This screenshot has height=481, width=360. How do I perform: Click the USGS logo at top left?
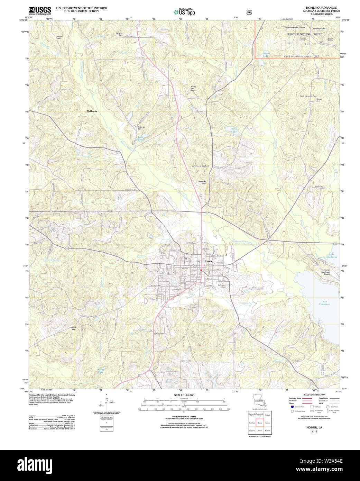40,10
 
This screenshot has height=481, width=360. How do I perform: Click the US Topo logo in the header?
185,12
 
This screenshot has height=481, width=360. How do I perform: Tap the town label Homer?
208,261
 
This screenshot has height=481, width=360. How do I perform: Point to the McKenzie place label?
92,111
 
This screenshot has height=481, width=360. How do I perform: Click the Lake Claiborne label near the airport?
332,256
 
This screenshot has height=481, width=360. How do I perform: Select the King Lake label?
234,130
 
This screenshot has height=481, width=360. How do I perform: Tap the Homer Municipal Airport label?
327,272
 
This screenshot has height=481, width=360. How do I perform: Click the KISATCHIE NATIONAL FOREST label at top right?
304,34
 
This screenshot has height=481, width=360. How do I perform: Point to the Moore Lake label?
266,55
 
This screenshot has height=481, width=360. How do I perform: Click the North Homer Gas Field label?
200,166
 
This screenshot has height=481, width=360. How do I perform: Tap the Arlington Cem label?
221,286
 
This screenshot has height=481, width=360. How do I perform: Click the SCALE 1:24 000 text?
184,395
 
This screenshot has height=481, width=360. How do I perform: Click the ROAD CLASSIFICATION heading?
314,395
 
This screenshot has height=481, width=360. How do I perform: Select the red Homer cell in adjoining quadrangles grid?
260,423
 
